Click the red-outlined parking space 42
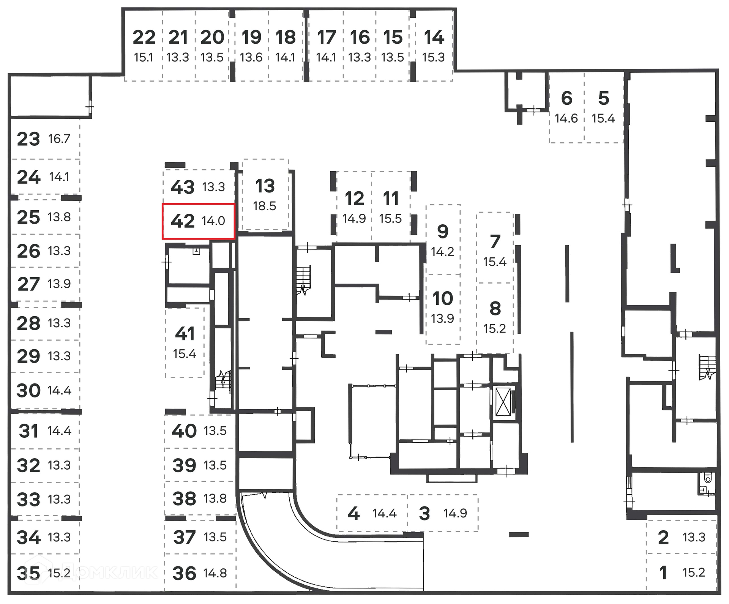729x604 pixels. coord(198,221)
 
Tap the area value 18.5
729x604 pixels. coord(265,206)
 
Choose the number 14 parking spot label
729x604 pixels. coord(434,37)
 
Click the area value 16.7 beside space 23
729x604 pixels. coord(59,139)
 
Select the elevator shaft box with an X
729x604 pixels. coord(503,402)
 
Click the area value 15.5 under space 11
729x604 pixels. coord(390,219)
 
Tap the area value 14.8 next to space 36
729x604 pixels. coord(215,573)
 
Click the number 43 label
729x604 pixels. coord(183,187)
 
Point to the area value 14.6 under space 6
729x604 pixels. coord(566,118)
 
